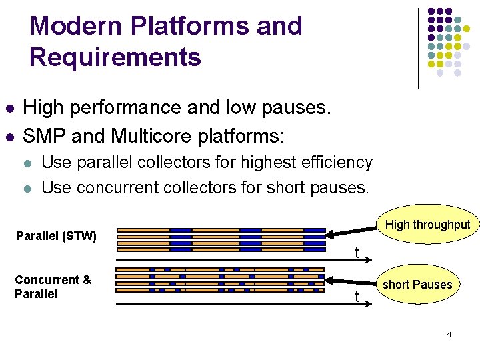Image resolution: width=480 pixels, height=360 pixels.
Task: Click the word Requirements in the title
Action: click(x=115, y=57)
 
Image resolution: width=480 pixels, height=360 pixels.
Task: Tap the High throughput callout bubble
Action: click(x=427, y=225)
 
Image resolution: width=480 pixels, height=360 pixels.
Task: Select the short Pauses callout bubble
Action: click(x=417, y=285)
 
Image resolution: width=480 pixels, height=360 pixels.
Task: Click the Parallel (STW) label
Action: click(x=57, y=236)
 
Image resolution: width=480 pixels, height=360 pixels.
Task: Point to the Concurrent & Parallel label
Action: click(x=53, y=287)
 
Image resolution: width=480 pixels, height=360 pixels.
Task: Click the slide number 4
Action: click(x=449, y=333)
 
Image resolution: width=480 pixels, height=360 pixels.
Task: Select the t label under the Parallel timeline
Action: click(x=357, y=253)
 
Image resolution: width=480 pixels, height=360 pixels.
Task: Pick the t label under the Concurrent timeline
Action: click(x=357, y=297)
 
